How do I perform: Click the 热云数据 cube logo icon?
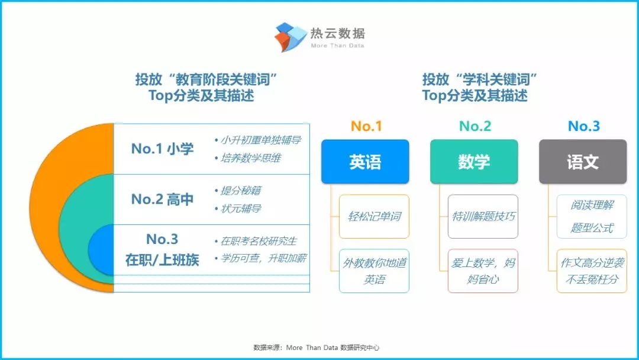[x=291, y=37]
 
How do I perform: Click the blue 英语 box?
[x=365, y=162]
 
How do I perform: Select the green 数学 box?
[x=474, y=162]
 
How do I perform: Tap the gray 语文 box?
[x=583, y=162]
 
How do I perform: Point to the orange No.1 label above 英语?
[x=366, y=126]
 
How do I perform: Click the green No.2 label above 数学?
[x=475, y=126]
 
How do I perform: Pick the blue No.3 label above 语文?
[x=584, y=126]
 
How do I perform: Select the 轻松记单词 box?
[x=374, y=217]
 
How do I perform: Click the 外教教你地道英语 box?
[x=374, y=271]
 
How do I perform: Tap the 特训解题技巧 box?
[x=483, y=217]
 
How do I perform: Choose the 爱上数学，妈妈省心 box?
[x=483, y=271]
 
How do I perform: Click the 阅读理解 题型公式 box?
[x=592, y=217]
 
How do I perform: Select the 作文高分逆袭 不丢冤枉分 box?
[x=592, y=271]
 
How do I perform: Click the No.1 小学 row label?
[x=162, y=149]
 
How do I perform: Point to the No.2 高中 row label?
[x=162, y=200]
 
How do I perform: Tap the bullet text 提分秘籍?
[x=241, y=191]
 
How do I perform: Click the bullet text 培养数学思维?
[x=251, y=157]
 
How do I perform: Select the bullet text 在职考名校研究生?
[x=259, y=241]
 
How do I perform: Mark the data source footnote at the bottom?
[x=316, y=348]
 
